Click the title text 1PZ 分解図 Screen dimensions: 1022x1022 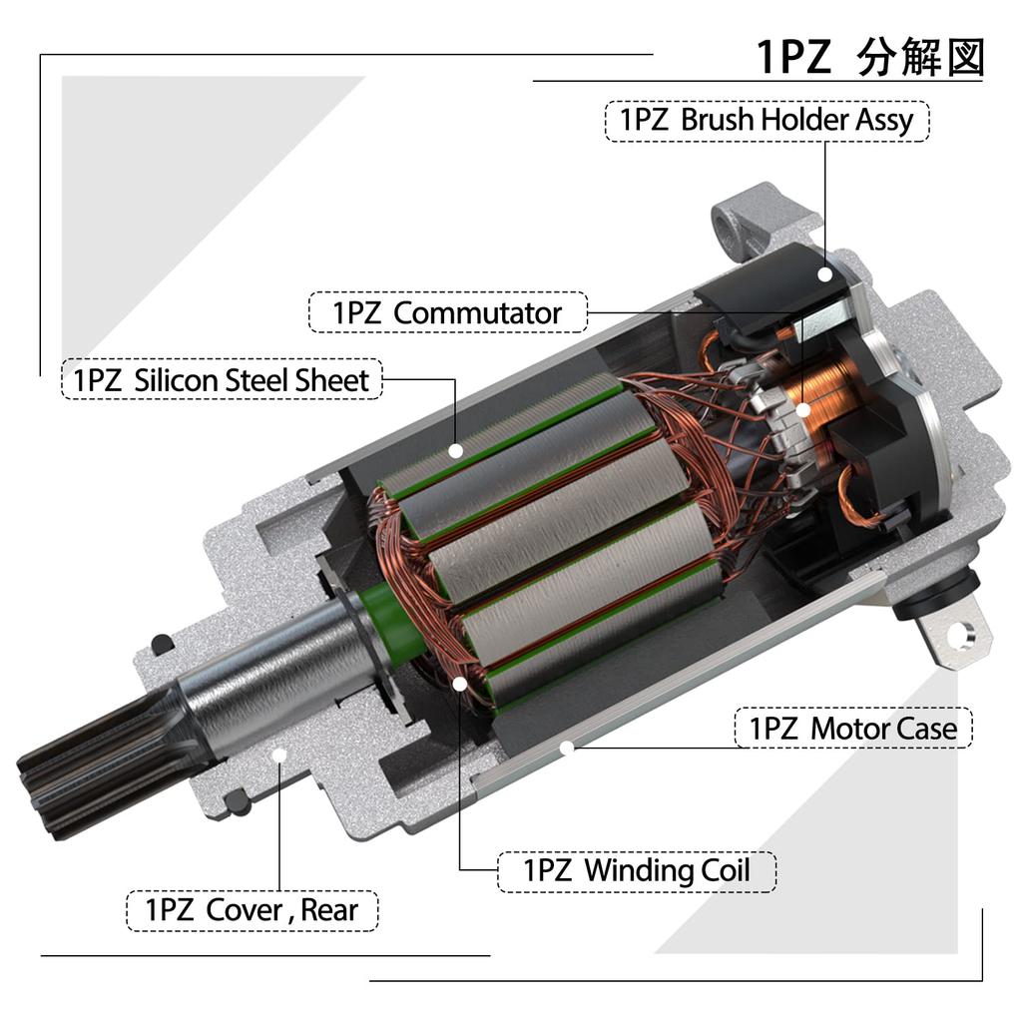[869, 57]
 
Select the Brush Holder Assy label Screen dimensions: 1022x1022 [767, 121]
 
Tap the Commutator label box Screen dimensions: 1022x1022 [448, 312]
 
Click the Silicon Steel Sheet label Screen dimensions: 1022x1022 [222, 380]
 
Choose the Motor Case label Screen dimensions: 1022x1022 [853, 728]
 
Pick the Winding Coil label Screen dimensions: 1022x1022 [637, 870]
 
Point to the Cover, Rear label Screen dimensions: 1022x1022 [253, 910]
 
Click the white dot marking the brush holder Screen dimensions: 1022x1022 [825, 274]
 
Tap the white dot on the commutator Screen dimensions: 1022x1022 [803, 409]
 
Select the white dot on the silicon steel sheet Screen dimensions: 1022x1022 [456, 450]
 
